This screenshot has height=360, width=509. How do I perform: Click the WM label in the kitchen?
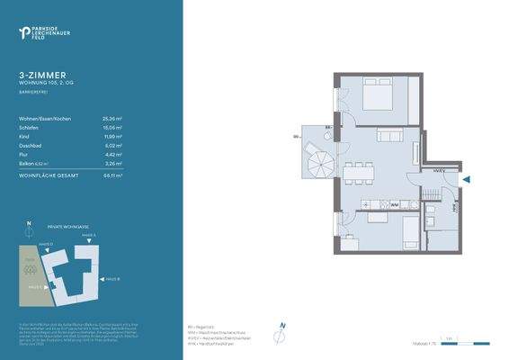(x=395, y=205)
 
